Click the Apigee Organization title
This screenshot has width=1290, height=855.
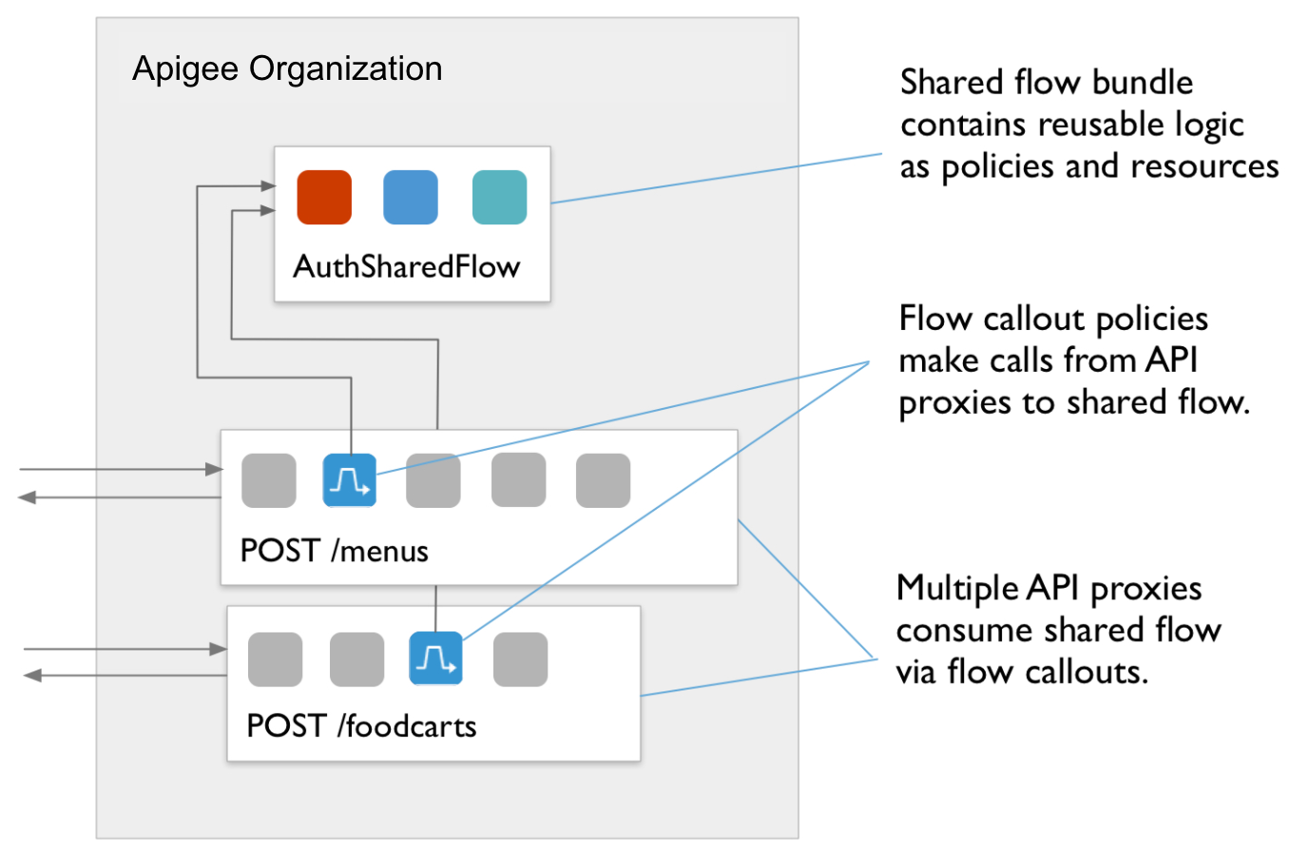click(x=287, y=68)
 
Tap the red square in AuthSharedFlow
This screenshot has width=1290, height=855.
click(x=324, y=198)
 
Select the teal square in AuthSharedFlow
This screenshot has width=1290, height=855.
click(x=499, y=198)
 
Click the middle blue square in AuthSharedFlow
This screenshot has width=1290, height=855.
click(x=411, y=198)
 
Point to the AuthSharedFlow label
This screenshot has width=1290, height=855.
click(x=406, y=266)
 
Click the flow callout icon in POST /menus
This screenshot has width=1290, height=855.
click(x=350, y=480)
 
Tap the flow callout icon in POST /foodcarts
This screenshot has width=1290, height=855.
click(x=435, y=658)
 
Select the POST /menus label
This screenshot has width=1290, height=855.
click(x=334, y=551)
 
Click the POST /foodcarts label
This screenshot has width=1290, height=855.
click(x=361, y=726)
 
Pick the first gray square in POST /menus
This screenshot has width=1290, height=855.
click(x=269, y=480)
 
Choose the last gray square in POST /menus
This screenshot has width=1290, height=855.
click(x=603, y=480)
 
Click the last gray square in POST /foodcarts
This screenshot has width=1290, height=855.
click(x=520, y=658)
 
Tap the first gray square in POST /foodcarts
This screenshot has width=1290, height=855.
click(x=275, y=658)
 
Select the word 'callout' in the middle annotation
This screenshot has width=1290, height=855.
click(x=1034, y=319)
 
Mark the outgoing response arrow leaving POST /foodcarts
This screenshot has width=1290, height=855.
click(x=124, y=675)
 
